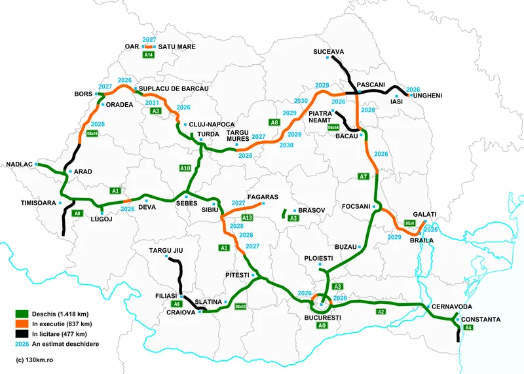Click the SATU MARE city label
(x=178, y=47)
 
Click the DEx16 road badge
(x=93, y=133)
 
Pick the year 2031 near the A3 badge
(x=152, y=103)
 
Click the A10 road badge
(x=185, y=168)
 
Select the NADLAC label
(x=18, y=164)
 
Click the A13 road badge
(x=247, y=217)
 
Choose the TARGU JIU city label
(x=165, y=251)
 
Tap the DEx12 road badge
(x=240, y=306)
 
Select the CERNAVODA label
(x=453, y=307)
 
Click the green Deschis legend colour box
(x=22, y=314)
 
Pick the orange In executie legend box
(x=22, y=324)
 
